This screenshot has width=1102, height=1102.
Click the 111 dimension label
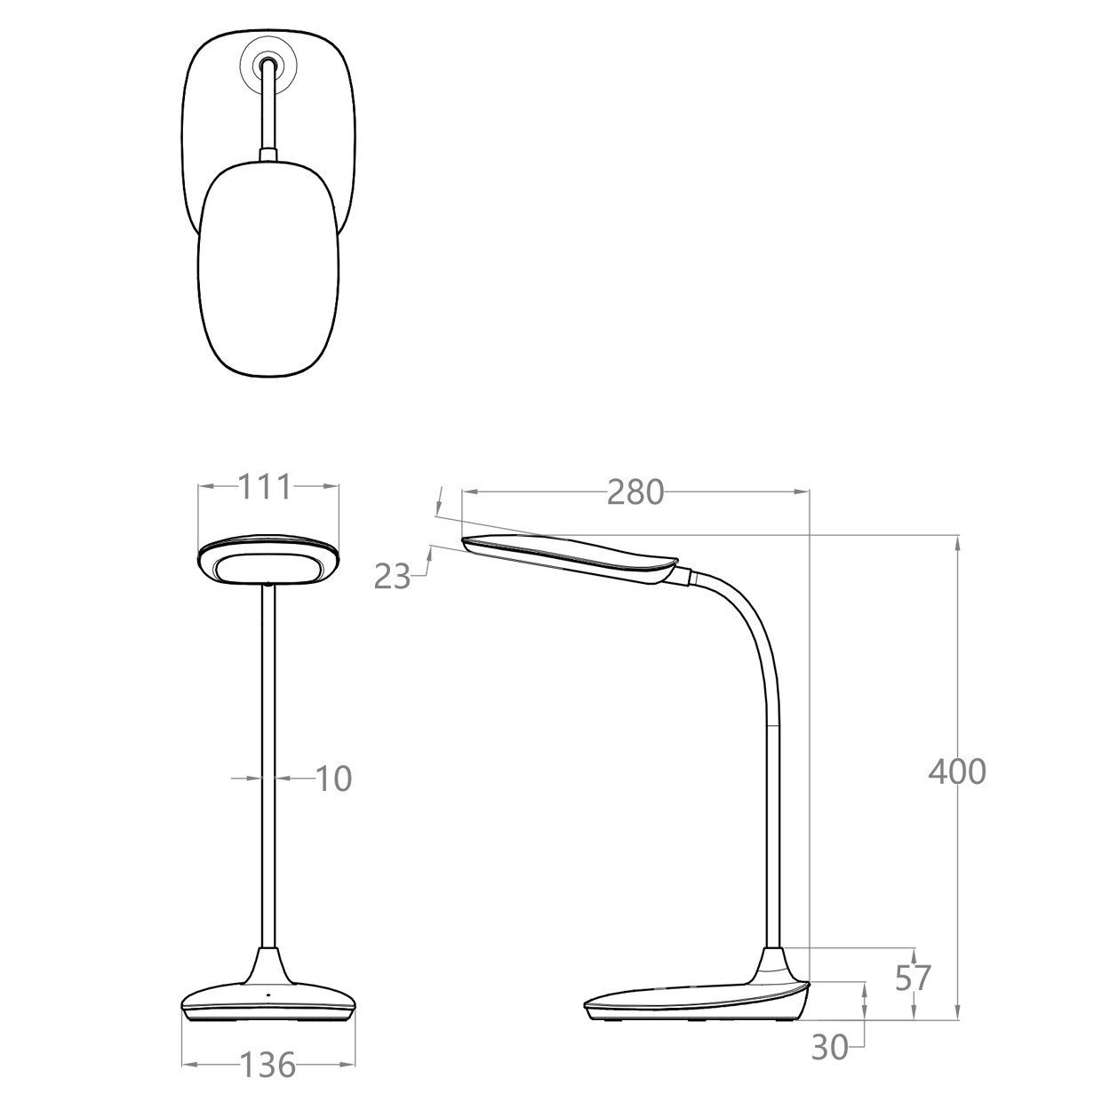(x=265, y=487)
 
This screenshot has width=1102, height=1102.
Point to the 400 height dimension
(x=957, y=771)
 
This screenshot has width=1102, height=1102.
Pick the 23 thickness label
(x=392, y=577)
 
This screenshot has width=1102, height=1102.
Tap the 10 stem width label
(x=333, y=779)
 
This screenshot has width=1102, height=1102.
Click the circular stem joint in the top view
(x=268, y=63)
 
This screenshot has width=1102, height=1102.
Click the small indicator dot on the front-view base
(x=268, y=994)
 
